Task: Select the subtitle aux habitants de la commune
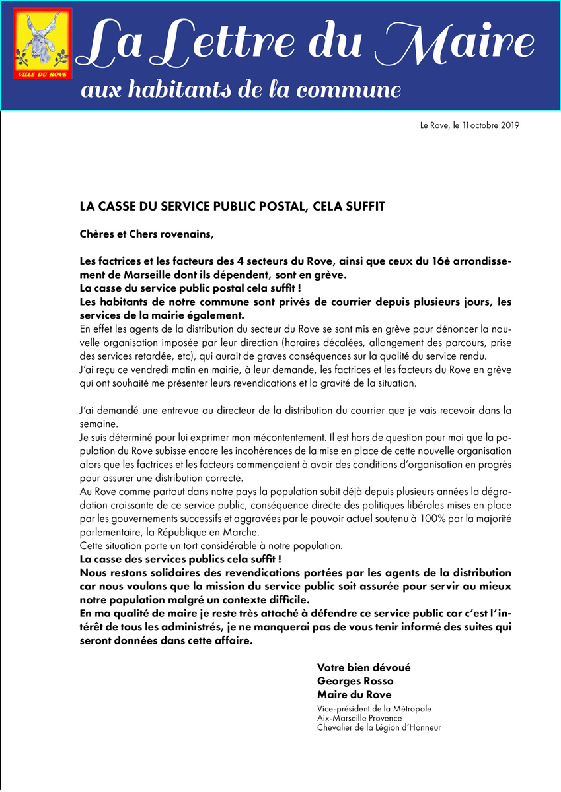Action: click(240, 90)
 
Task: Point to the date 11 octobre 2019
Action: click(490, 125)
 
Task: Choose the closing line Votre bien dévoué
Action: click(363, 667)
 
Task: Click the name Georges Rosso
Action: click(355, 681)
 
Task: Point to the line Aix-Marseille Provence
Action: click(359, 718)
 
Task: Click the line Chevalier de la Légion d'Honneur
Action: click(379, 727)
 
